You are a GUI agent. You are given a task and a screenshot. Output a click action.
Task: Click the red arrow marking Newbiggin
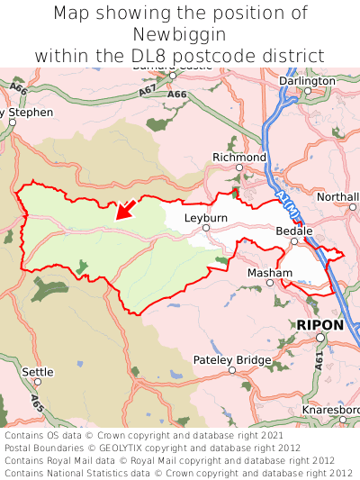coord(126,209)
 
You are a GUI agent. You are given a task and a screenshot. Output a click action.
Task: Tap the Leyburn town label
coord(206,218)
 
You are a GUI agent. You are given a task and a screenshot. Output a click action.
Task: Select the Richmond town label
coord(239,158)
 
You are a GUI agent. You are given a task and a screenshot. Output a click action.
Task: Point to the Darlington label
coord(307,80)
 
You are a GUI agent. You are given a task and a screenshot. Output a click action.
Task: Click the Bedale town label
coord(294,231)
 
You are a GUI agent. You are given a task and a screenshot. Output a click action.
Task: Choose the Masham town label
coord(269,272)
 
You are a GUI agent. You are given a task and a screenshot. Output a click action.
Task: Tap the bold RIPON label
coord(319,324)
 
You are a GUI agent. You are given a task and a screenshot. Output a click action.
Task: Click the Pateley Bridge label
coord(232,360)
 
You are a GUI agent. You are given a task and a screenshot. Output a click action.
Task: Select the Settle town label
coord(38,371)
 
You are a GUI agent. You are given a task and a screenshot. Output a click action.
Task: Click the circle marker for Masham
coord(270,283)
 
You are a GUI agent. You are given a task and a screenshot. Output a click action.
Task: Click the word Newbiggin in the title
coord(180,34)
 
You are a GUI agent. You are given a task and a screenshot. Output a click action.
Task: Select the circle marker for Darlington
coord(307,90)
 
